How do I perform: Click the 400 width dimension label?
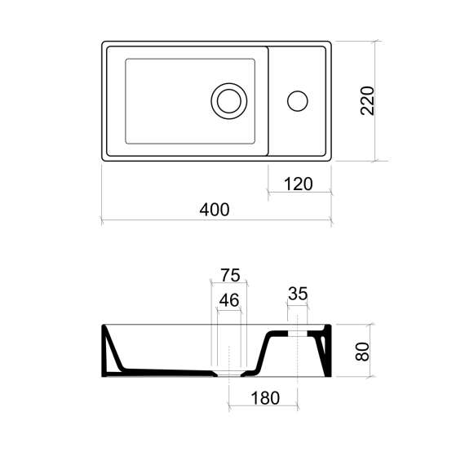(215, 210)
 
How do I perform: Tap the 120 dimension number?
(299, 184)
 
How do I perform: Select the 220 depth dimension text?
(367, 101)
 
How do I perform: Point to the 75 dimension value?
(230, 275)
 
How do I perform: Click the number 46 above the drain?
(229, 300)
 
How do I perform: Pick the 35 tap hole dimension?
(298, 294)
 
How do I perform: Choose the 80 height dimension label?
(362, 352)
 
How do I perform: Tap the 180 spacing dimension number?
(265, 398)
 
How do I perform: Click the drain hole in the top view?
(229, 101)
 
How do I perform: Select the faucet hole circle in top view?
(298, 101)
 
